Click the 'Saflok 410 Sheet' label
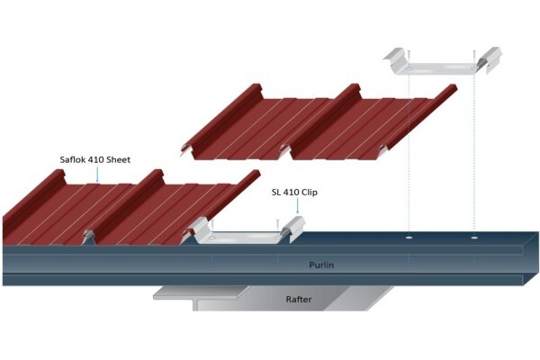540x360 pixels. tap(95, 160)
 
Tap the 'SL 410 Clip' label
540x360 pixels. tap(294, 193)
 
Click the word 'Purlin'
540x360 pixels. tap(321, 265)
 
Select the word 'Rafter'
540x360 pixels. tap(299, 299)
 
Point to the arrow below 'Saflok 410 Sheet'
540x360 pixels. tap(97, 174)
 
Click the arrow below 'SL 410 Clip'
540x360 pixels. tap(297, 206)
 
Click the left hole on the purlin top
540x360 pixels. tap(409, 238)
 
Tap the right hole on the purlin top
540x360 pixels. tap(474, 238)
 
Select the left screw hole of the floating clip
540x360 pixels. tap(409, 68)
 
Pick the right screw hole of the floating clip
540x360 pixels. tap(474, 68)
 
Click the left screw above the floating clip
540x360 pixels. tap(409, 58)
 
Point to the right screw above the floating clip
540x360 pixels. tap(474, 58)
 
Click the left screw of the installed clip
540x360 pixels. tap(212, 226)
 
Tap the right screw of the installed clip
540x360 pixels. tap(277, 226)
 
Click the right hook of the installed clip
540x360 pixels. tap(293, 227)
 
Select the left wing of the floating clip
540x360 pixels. tap(395, 58)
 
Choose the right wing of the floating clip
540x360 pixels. tap(489, 58)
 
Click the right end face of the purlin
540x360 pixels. tap(531, 258)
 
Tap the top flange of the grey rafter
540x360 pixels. tap(200, 292)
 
